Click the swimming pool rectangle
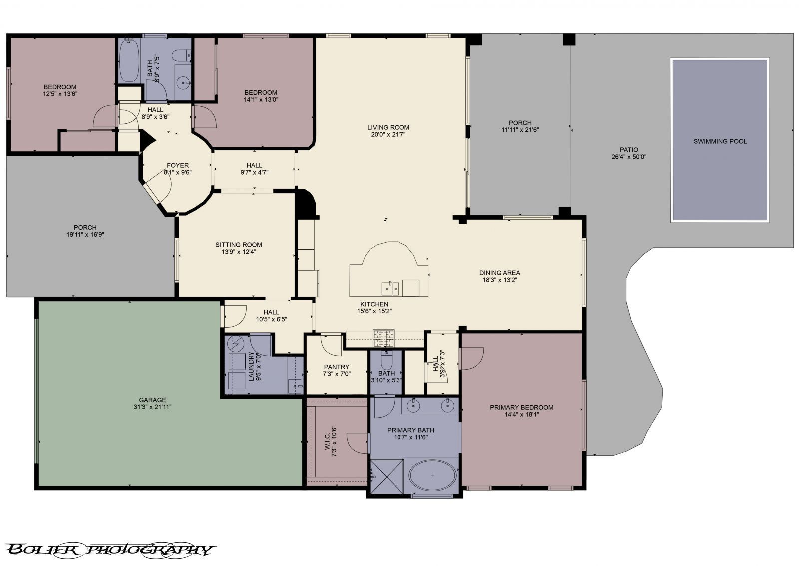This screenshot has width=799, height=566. coord(719,141)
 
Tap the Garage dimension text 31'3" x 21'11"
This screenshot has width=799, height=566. coord(153,407)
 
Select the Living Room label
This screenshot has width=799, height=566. coord(388,127)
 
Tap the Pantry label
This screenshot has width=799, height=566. coord(336,367)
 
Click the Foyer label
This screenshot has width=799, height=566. coord(178,165)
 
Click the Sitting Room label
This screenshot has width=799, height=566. coord(239,245)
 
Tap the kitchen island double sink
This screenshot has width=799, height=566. coord(390,288)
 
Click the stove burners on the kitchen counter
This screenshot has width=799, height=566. coord(384,338)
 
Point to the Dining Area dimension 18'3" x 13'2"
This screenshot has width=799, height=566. coord(500,280)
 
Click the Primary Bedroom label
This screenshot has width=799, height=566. coord(521,407)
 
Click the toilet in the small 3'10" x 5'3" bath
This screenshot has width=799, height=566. coord(386,360)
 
